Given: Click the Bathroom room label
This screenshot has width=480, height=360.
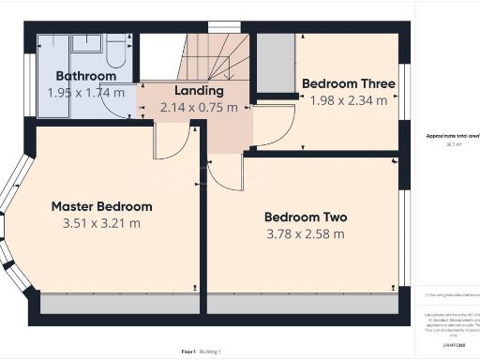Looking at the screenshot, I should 86,76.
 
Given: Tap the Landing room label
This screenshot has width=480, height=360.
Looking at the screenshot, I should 199,91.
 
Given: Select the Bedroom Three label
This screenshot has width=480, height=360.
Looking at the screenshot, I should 348,83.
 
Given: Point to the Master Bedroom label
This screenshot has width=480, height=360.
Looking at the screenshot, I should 101,206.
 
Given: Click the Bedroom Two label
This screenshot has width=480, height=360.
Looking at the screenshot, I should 306,217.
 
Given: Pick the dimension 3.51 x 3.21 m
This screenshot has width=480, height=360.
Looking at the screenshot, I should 101,223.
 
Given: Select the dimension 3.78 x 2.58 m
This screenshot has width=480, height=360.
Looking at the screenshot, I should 306,233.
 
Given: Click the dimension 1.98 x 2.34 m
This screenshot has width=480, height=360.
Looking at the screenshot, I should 348,100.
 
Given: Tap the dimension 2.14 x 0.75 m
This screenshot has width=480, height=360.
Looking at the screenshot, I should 199,108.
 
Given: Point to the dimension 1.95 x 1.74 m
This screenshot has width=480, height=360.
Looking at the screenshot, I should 86,93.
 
